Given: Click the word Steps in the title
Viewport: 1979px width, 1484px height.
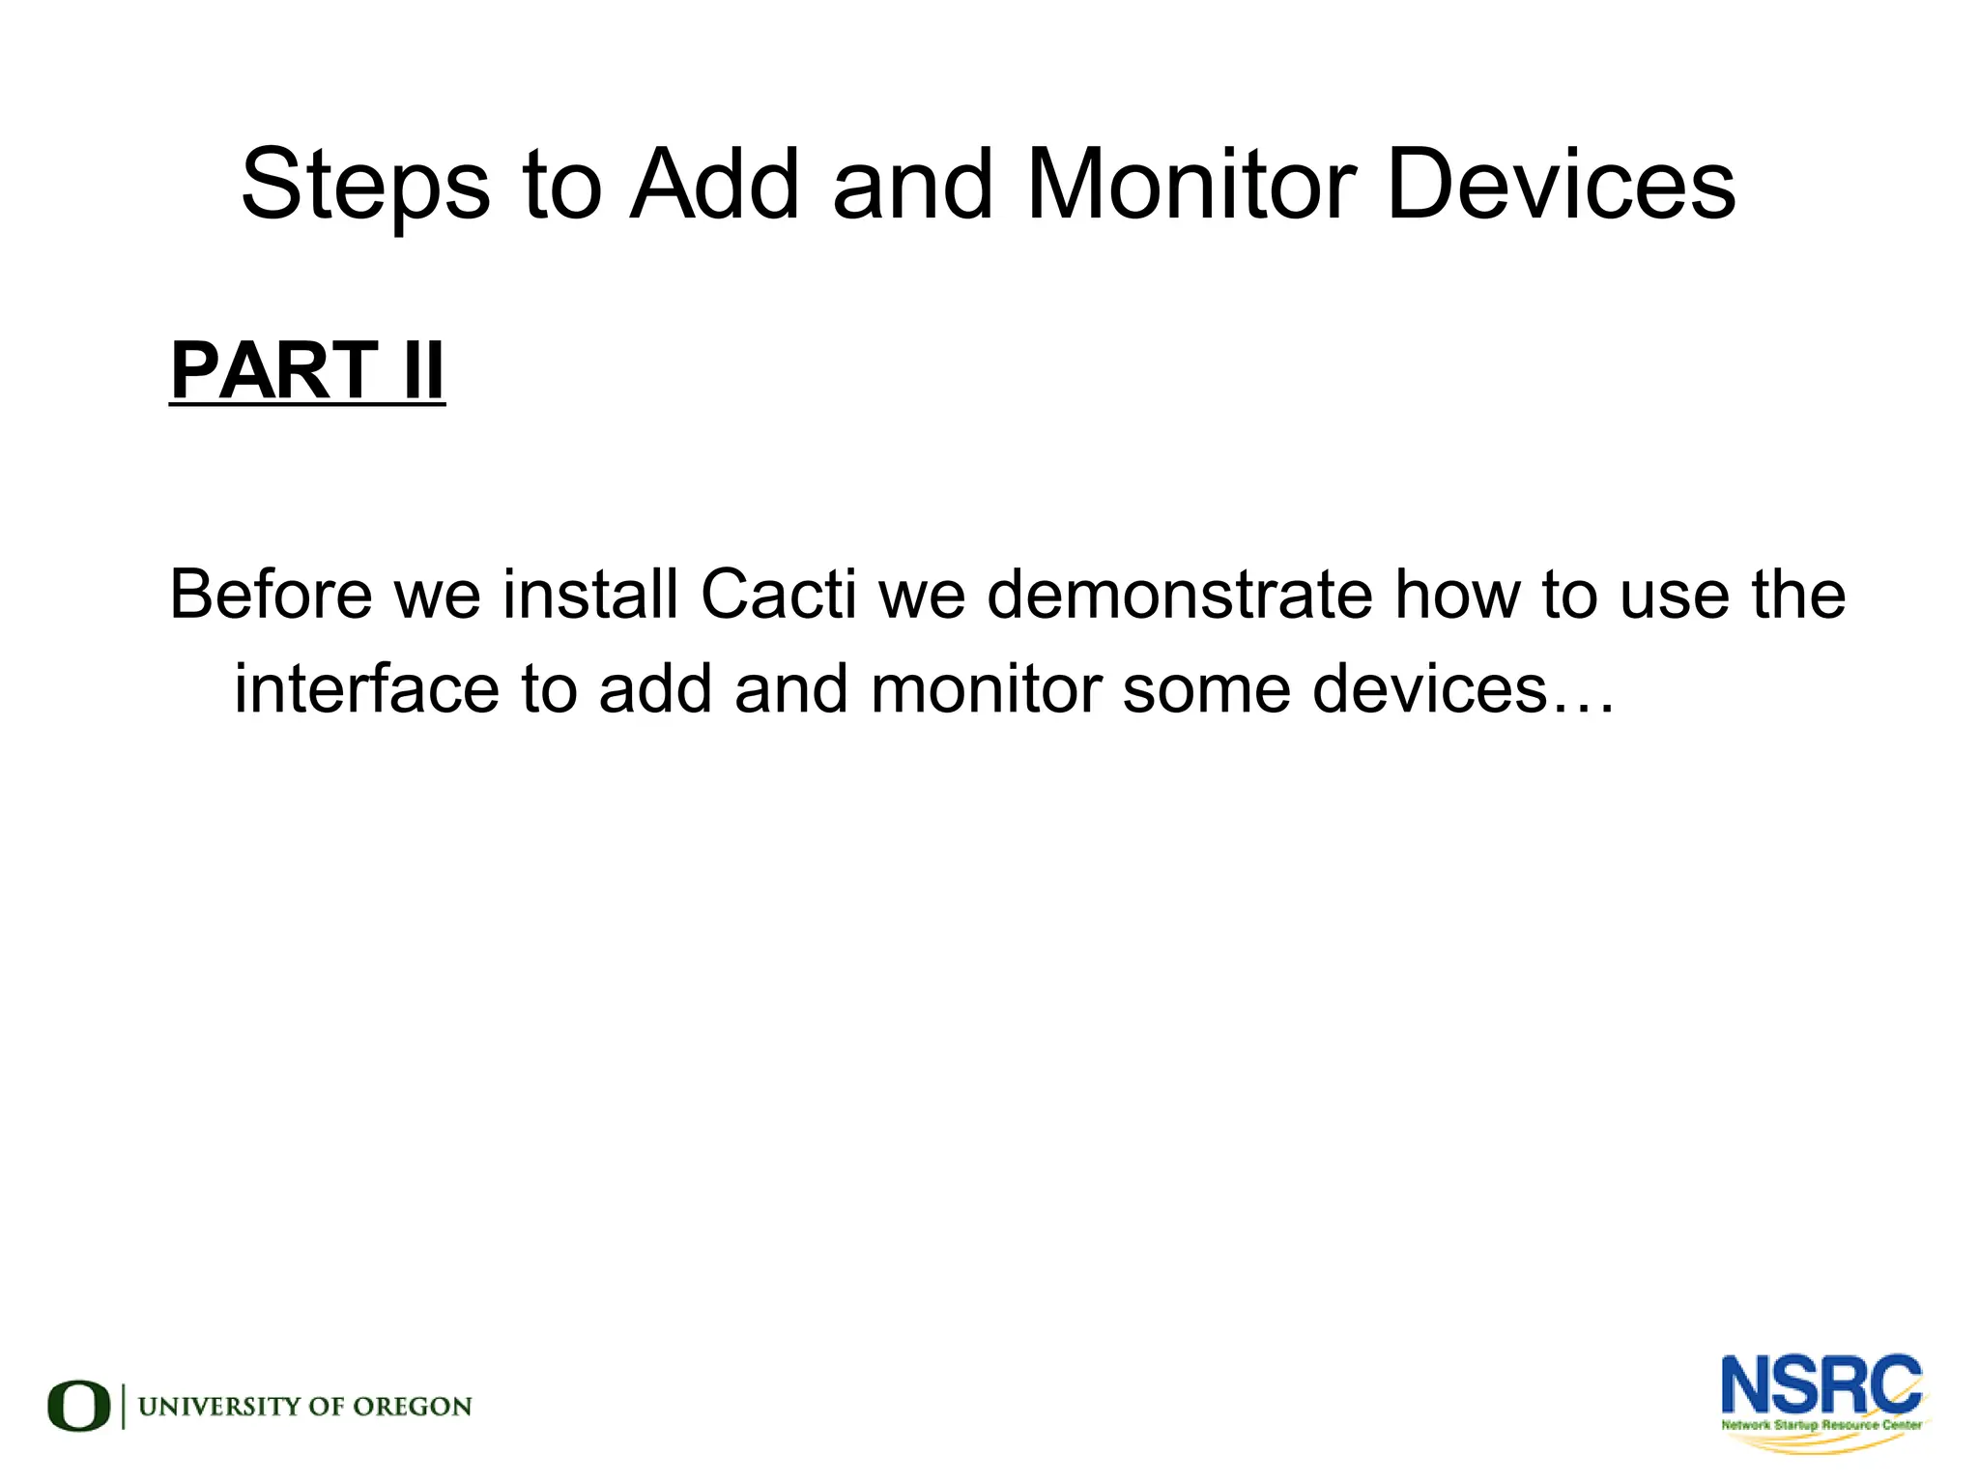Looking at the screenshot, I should coord(365,186).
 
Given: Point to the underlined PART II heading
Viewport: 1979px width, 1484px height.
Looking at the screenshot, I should coord(307,371).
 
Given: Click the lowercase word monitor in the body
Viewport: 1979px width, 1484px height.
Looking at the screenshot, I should coord(986,688).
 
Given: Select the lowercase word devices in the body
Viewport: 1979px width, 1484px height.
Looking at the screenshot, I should coord(1430,688).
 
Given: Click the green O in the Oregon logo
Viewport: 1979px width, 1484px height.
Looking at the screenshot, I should coord(79,1406).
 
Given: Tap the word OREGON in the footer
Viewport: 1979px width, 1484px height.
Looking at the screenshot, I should coord(413,1407).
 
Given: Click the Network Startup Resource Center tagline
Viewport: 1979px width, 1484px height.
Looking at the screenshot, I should coord(1821,1425).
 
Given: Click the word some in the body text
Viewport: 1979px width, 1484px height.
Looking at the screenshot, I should coord(1206,688).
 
